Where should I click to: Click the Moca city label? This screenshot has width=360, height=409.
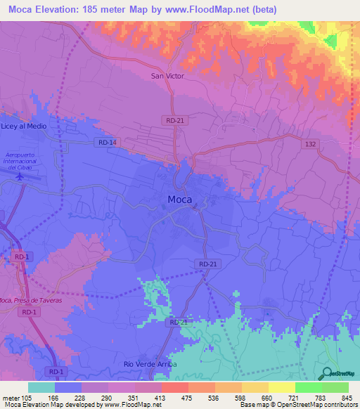click(180, 200)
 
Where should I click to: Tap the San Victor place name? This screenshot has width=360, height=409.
click(167, 76)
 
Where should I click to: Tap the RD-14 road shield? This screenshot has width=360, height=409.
click(107, 143)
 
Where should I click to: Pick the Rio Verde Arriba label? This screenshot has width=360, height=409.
click(150, 365)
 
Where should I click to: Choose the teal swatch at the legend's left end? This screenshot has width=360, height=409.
click(41, 387)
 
